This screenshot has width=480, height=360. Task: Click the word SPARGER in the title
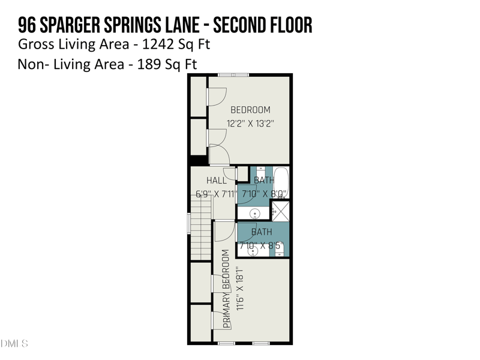coord(70,25)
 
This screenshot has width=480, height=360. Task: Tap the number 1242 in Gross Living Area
coord(158,44)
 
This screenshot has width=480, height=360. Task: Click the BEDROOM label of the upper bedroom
coord(250,110)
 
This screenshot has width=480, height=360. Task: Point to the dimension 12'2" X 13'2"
coord(250,124)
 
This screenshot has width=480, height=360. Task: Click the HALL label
coord(217,181)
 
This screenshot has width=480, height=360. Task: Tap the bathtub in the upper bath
coord(281,183)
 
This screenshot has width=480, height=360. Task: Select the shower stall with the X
coord(280,211)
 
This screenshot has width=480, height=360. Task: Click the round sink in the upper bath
coord(254,213)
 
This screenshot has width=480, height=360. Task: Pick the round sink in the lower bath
coord(253,251)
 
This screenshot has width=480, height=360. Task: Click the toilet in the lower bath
coord(280,251)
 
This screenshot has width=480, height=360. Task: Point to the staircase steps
coord(201,229)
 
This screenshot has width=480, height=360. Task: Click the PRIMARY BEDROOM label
coord(226,289)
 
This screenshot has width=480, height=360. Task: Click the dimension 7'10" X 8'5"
coord(261,245)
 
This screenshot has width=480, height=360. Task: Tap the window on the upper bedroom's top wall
coord(233,74)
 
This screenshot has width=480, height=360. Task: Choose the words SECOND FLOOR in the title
coord(263,25)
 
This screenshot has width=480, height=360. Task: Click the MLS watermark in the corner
coord(14,343)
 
